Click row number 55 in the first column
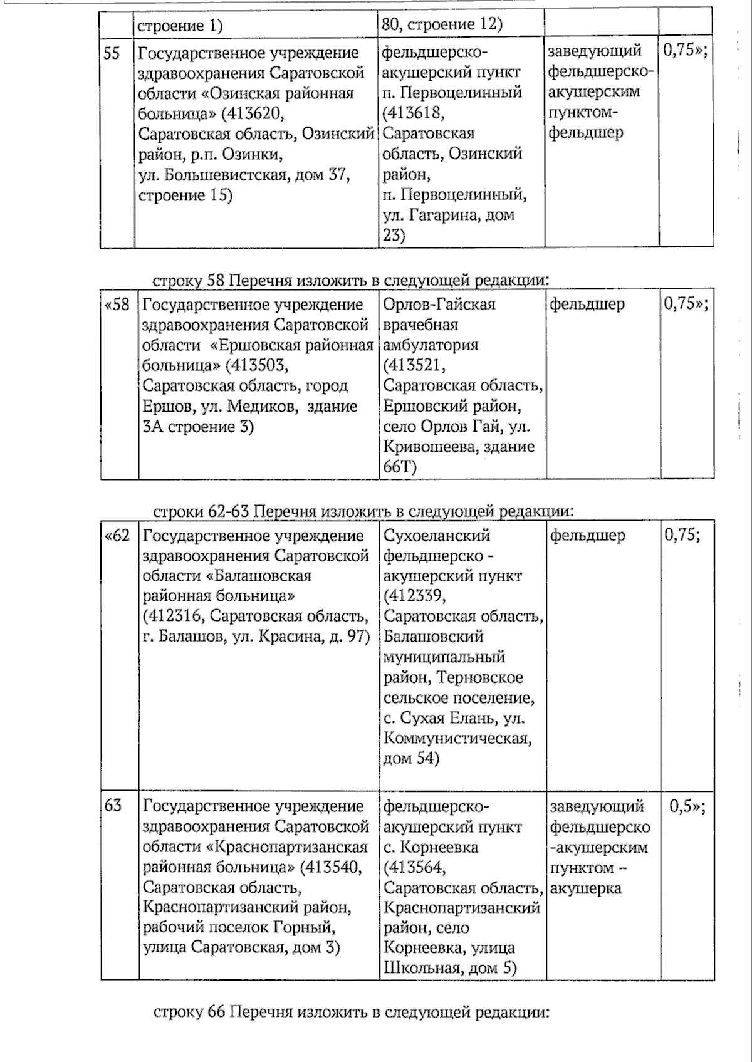coord(112,53)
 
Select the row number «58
coord(118,305)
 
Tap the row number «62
coord(118,536)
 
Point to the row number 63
coord(113,806)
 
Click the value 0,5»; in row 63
coord(687,806)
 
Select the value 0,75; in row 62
coord(682,536)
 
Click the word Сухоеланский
coord(437,536)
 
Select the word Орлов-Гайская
coord(439,305)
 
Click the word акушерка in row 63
coord(586,888)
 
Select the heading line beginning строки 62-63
coord(363,512)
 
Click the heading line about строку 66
coord(351,1013)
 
